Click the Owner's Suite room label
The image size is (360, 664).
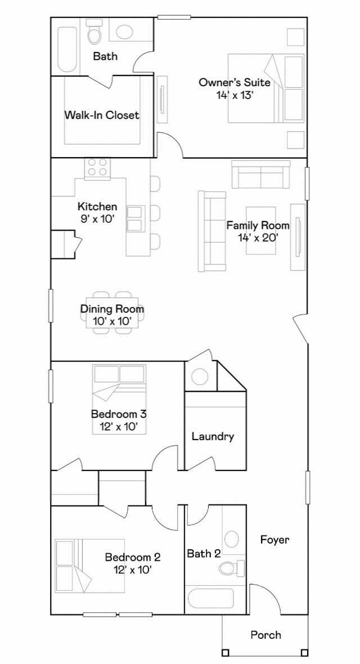tap(234, 83)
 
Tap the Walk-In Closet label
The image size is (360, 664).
tap(102, 115)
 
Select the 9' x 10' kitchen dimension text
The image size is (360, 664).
tap(97, 218)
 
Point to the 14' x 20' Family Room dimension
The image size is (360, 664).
tap(258, 237)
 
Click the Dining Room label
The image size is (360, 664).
tap(112, 309)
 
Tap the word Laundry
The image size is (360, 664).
tap(213, 436)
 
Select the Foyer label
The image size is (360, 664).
tap(274, 540)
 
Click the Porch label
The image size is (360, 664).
tap(265, 635)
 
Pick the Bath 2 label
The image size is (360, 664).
tap(204, 554)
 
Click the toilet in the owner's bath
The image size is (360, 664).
tap(94, 35)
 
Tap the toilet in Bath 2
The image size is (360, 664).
tap(230, 569)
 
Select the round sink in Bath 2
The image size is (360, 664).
tap(232, 539)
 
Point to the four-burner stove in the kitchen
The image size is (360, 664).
tap(97, 168)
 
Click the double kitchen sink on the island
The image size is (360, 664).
tap(136, 219)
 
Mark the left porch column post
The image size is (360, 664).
tap(226, 653)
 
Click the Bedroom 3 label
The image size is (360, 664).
tap(119, 415)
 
